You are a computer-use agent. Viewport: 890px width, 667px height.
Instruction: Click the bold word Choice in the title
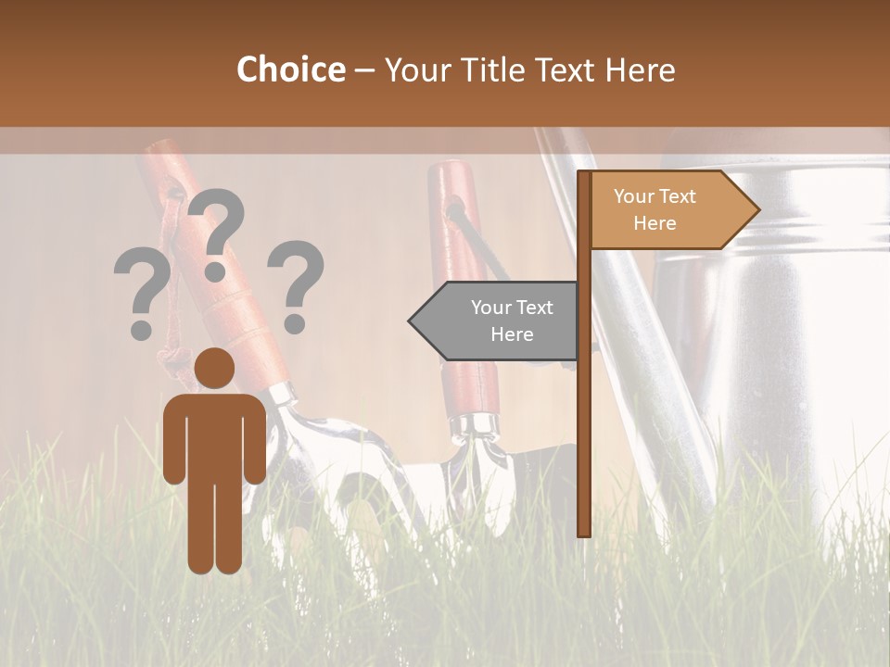[x=290, y=69]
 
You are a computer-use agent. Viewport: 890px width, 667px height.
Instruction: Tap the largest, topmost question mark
[x=217, y=233]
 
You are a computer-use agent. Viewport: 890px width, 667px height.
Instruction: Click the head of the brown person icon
[x=214, y=369]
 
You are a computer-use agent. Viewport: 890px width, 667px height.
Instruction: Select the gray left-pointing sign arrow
[x=496, y=321]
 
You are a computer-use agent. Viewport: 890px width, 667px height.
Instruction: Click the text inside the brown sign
[x=655, y=209]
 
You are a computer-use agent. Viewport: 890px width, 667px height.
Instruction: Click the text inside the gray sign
[x=512, y=321]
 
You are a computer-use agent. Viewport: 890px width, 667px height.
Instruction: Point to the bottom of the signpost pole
[x=584, y=528]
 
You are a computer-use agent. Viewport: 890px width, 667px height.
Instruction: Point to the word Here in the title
[x=641, y=70]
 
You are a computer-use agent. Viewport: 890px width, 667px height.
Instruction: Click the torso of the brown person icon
[x=214, y=435]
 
